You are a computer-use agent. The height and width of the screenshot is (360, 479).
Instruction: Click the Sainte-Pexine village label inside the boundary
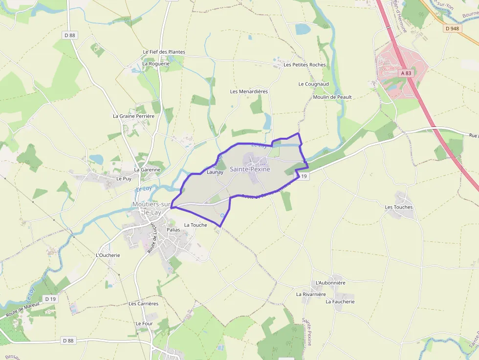(250, 169)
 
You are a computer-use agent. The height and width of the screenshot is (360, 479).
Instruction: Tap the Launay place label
(215, 172)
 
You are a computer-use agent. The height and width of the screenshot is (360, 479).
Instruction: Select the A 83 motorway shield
(406, 73)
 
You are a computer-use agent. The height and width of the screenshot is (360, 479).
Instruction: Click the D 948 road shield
(453, 28)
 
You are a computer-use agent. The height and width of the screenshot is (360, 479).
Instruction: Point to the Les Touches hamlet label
(399, 207)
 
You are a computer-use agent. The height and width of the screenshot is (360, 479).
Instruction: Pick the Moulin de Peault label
(332, 97)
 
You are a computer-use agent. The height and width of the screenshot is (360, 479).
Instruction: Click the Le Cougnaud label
(313, 84)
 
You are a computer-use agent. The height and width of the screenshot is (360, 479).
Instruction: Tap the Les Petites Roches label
(305, 65)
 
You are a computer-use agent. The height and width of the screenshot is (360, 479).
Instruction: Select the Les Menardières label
(249, 91)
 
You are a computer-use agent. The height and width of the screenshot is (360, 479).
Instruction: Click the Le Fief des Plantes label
(164, 52)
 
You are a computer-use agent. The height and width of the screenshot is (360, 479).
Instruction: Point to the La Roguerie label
(156, 64)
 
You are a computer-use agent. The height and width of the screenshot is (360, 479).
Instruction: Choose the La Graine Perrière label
(133, 116)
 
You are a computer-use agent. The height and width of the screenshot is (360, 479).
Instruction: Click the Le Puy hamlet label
(124, 179)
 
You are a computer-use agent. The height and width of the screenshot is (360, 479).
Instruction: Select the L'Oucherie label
(108, 255)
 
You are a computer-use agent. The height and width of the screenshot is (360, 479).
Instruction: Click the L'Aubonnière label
(331, 283)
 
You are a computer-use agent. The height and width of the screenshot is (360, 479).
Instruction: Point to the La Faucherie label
(340, 301)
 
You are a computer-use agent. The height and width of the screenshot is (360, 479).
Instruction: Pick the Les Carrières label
(143, 303)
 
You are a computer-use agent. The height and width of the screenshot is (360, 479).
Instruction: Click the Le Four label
(145, 323)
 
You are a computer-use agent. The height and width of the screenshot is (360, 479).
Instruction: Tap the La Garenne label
(147, 170)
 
